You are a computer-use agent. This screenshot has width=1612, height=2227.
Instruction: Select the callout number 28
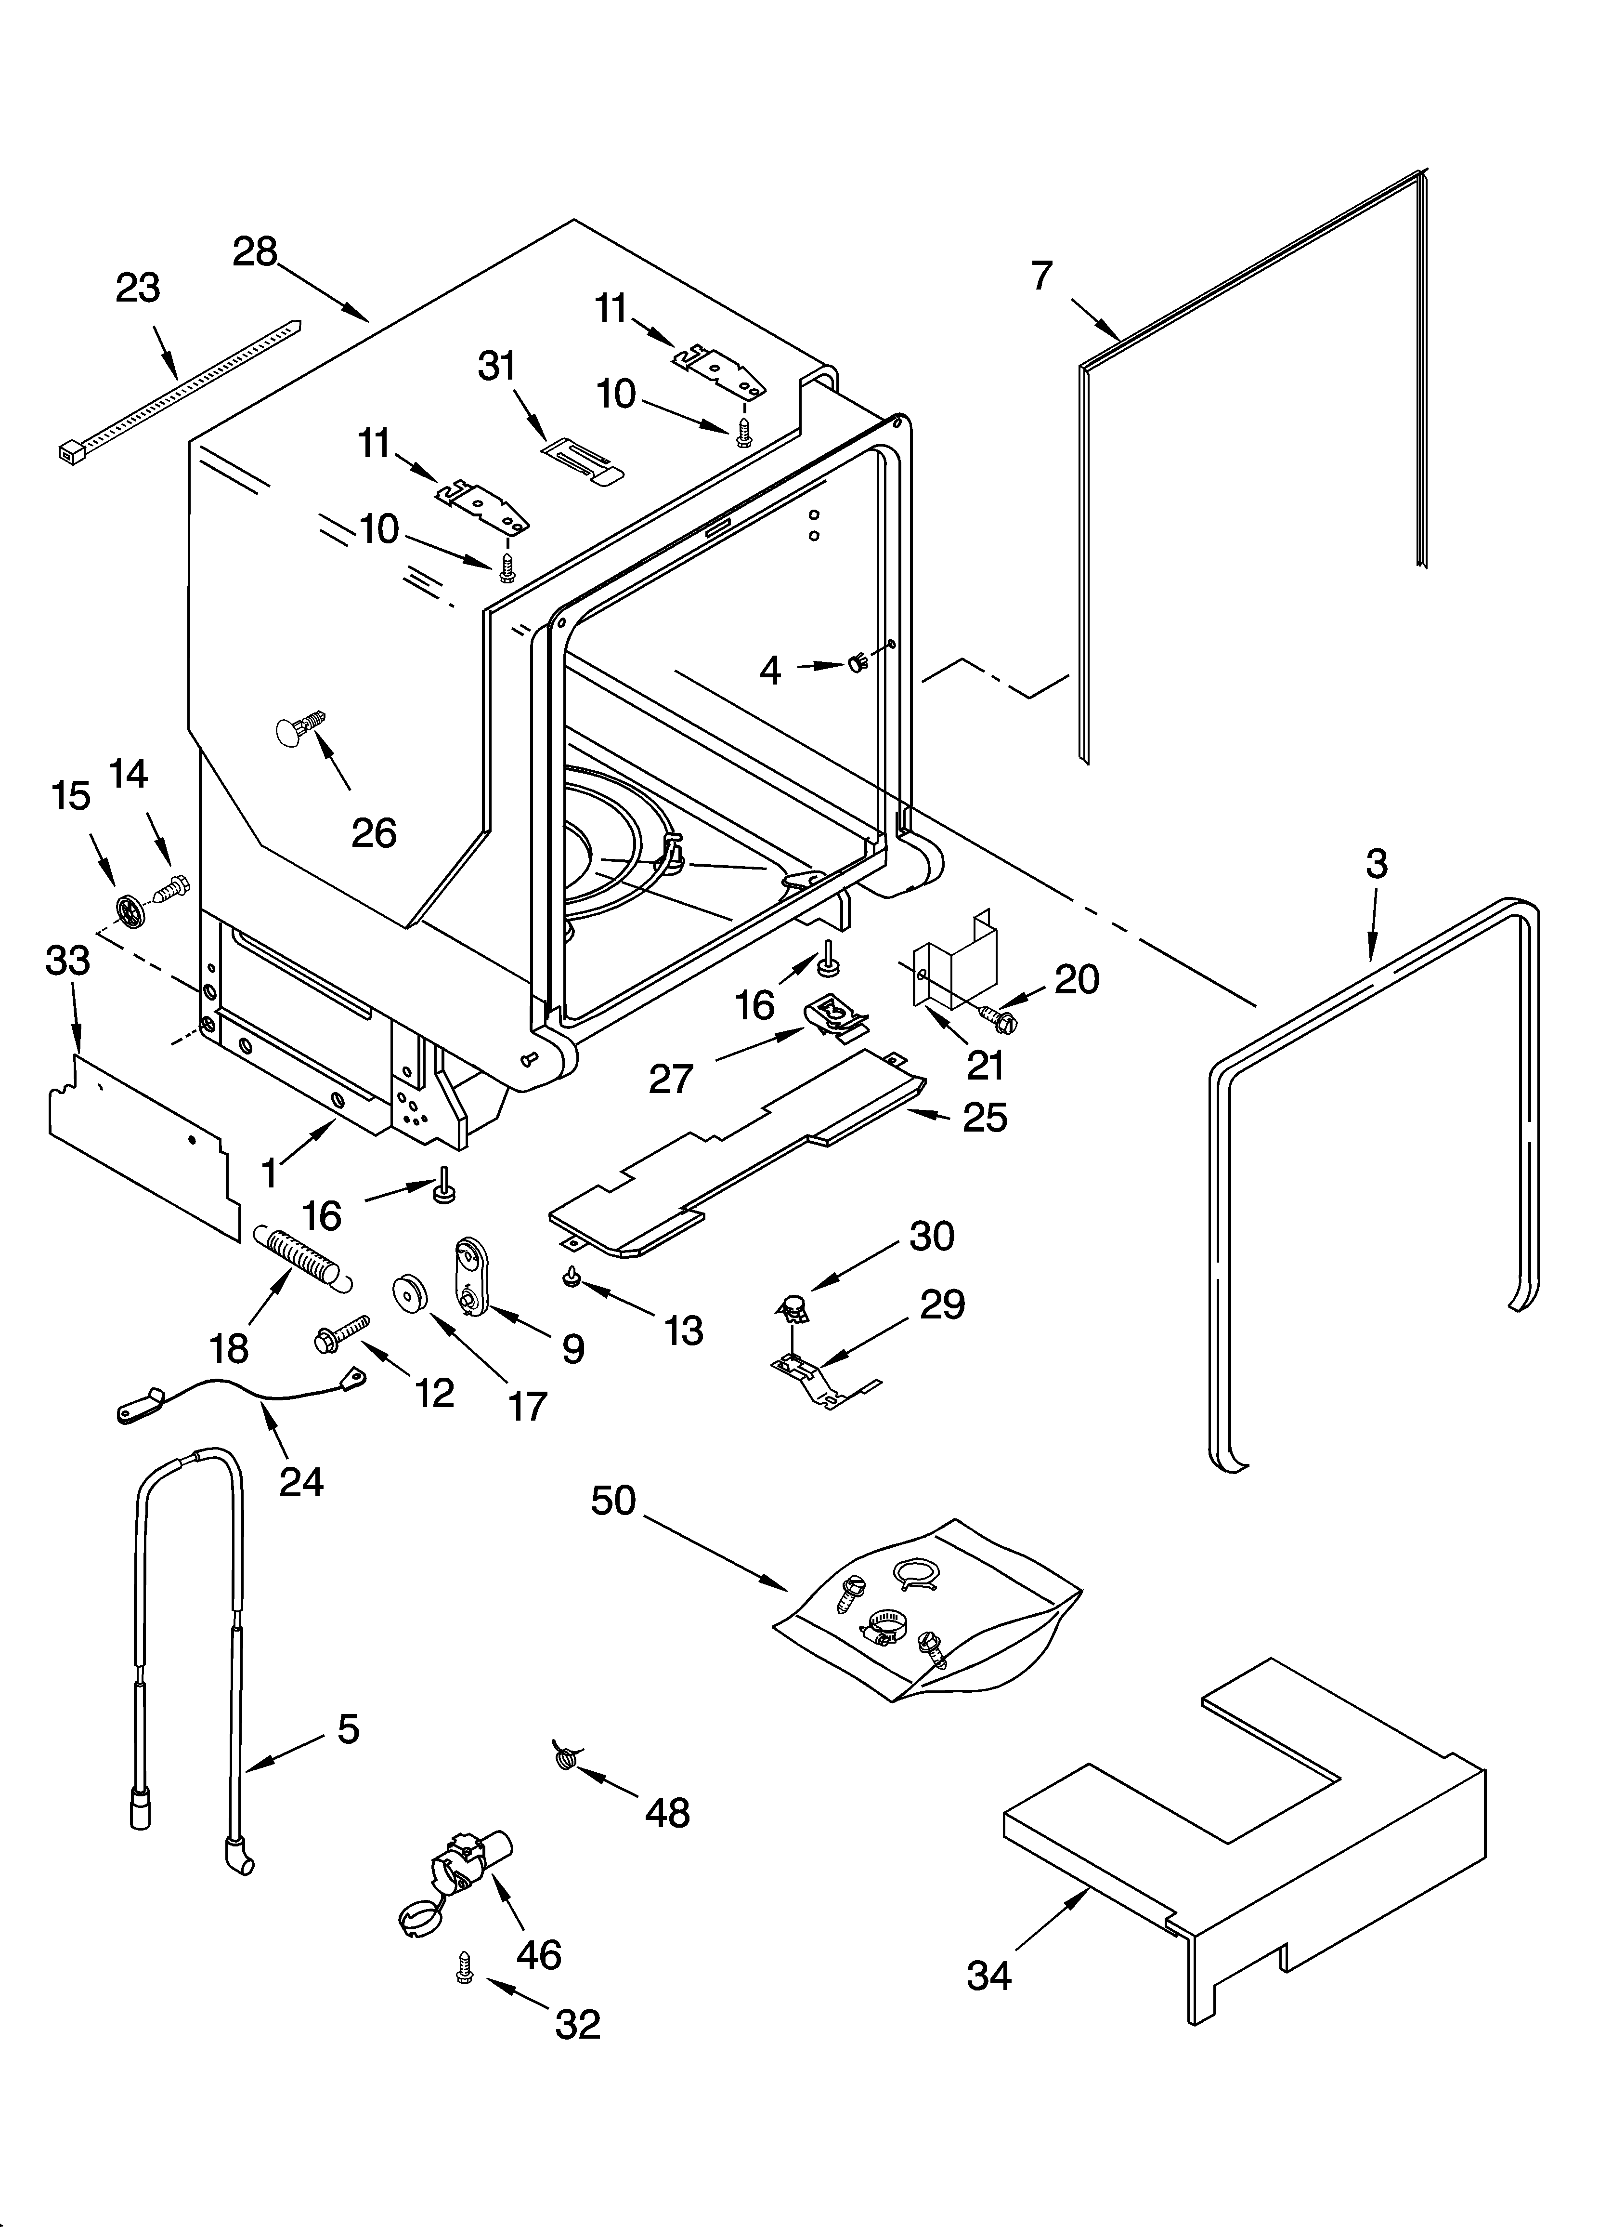tap(255, 252)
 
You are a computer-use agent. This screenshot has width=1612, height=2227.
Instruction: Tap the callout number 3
tap(1377, 864)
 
